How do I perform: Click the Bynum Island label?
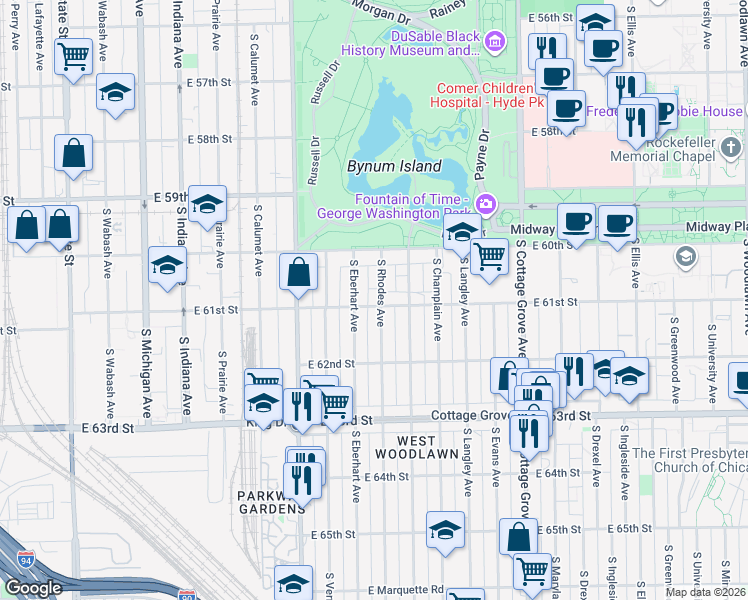394,166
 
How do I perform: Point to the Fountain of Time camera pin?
486,204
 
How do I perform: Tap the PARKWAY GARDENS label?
270,502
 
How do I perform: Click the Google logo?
33,588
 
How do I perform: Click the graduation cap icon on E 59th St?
207,204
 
